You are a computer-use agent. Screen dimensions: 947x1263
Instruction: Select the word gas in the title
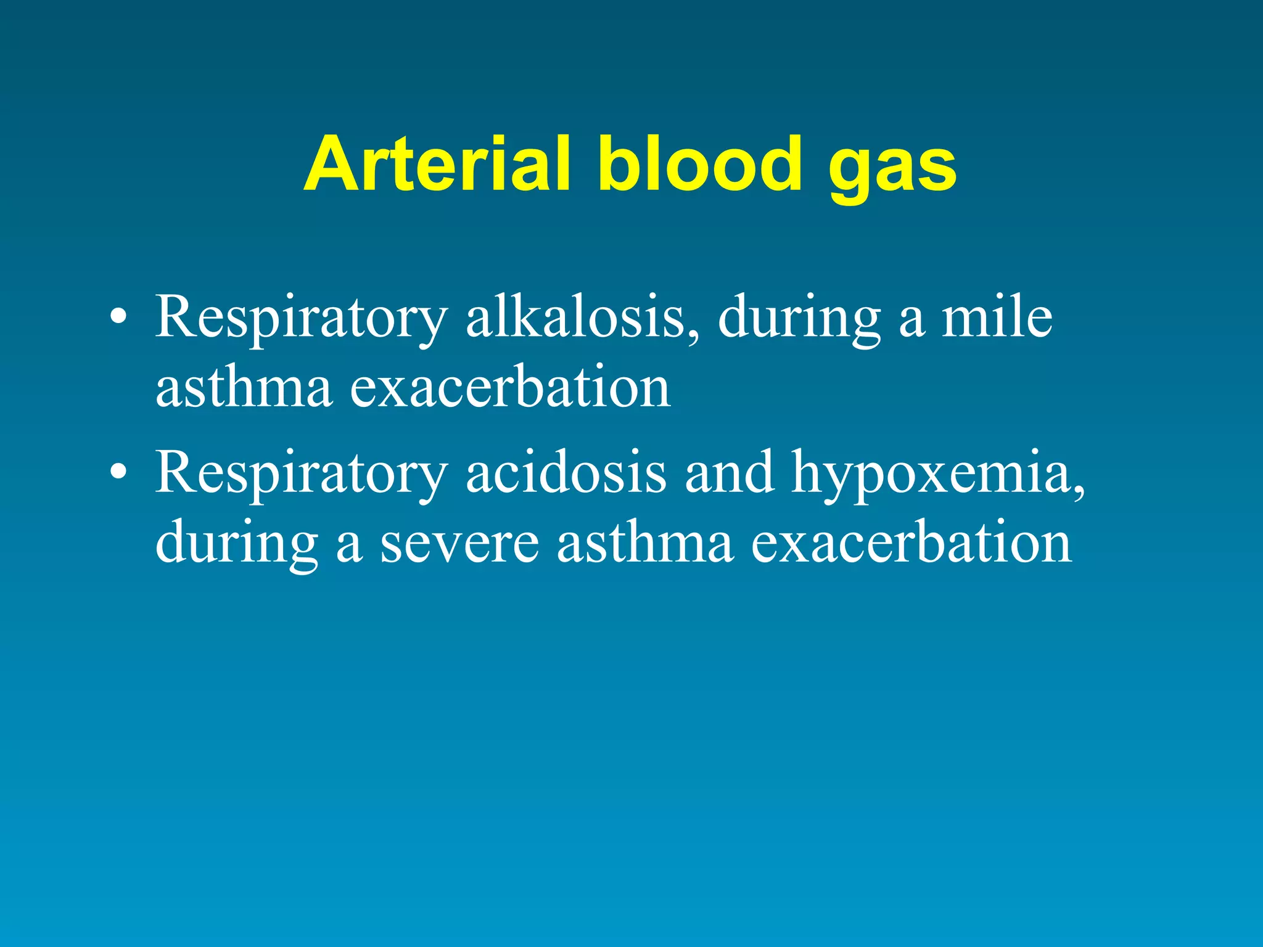(x=892, y=170)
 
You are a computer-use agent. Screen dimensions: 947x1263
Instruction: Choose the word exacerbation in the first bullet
(x=511, y=388)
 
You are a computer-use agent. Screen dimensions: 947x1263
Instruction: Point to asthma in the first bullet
(x=244, y=388)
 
